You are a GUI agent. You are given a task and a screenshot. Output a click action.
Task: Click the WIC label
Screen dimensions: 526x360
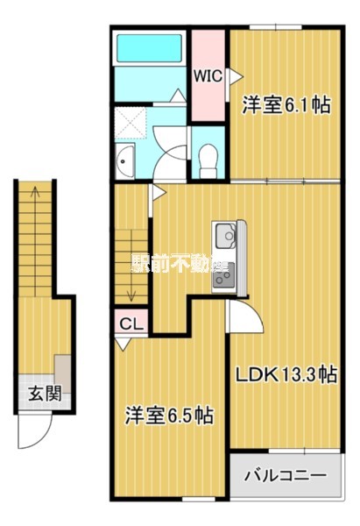[208, 75]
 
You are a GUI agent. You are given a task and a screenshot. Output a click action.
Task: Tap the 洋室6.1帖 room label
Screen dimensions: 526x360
[286, 105]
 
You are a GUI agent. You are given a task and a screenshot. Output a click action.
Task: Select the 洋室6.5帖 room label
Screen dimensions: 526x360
[170, 414]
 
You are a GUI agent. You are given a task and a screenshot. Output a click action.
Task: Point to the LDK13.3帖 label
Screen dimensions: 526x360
[286, 374]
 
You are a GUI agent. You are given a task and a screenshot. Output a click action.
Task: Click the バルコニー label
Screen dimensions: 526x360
[285, 478]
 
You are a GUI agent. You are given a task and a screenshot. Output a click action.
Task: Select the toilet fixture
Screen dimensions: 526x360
[208, 159]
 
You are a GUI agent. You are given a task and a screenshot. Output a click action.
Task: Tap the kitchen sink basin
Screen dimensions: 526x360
[223, 237]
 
